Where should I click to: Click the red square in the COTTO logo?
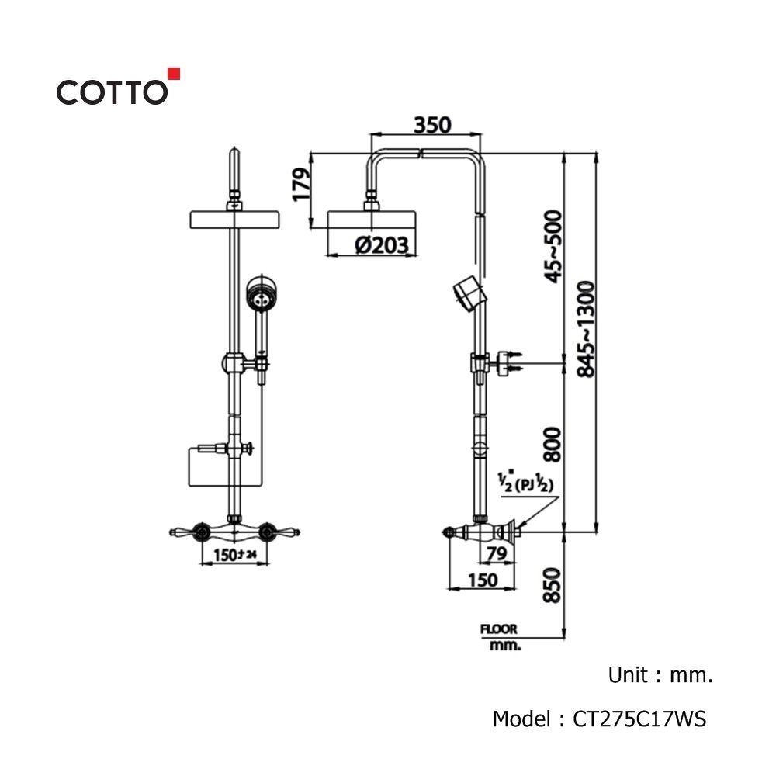coord(174,74)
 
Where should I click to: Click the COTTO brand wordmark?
coord(112,92)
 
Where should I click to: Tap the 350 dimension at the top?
coord(432,125)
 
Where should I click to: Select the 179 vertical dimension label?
coord(301,184)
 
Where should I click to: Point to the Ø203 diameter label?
coord(382,245)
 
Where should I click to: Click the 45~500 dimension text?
coord(553,247)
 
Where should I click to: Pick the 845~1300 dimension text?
coord(586,329)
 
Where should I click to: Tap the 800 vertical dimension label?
coord(553,445)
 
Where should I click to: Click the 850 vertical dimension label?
coord(553,585)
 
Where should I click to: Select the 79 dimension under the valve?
coord(497,553)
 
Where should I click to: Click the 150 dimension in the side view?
coord(483,580)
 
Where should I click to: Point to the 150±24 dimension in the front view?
coord(235,555)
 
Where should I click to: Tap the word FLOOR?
coord(498,629)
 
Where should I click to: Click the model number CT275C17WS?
coord(639,719)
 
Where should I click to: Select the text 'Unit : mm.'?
coord(660,674)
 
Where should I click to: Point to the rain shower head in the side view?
coord(372,220)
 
